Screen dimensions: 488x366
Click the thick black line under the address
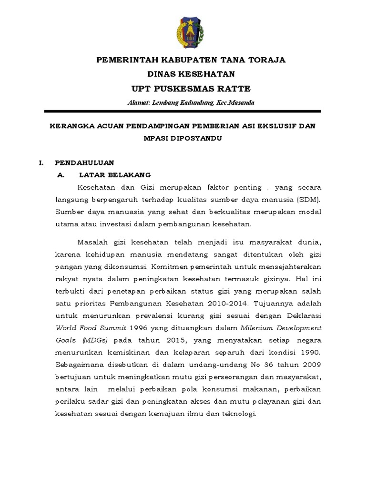point(183,112)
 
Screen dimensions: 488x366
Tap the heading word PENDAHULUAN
point(84,163)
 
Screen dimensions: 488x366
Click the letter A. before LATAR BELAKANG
point(61,175)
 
